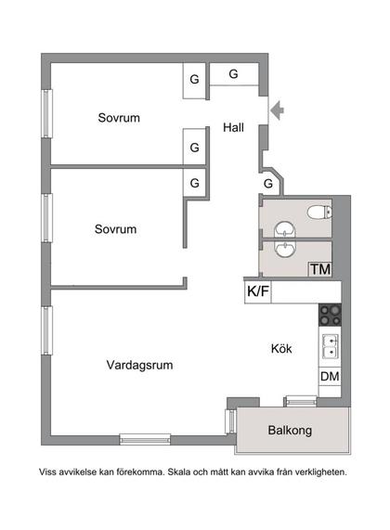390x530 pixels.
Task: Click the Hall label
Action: click(233, 128)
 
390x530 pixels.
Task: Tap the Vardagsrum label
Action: click(139, 365)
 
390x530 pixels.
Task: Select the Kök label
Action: click(281, 349)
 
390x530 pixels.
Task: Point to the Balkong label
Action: click(291, 431)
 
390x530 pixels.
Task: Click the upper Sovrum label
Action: click(119, 118)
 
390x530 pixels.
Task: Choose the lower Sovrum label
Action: click(115, 228)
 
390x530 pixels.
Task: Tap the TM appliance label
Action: click(320, 270)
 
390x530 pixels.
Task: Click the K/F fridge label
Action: click(258, 291)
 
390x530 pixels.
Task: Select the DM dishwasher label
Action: click(329, 377)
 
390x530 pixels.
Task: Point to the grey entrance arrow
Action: click(277, 111)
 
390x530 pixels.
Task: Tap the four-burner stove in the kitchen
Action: click(330, 316)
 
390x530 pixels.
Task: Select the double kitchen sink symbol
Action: click(330, 347)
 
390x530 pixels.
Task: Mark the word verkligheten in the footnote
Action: click(320, 472)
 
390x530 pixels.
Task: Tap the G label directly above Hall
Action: click(233, 74)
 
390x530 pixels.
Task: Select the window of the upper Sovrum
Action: click(45, 113)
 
